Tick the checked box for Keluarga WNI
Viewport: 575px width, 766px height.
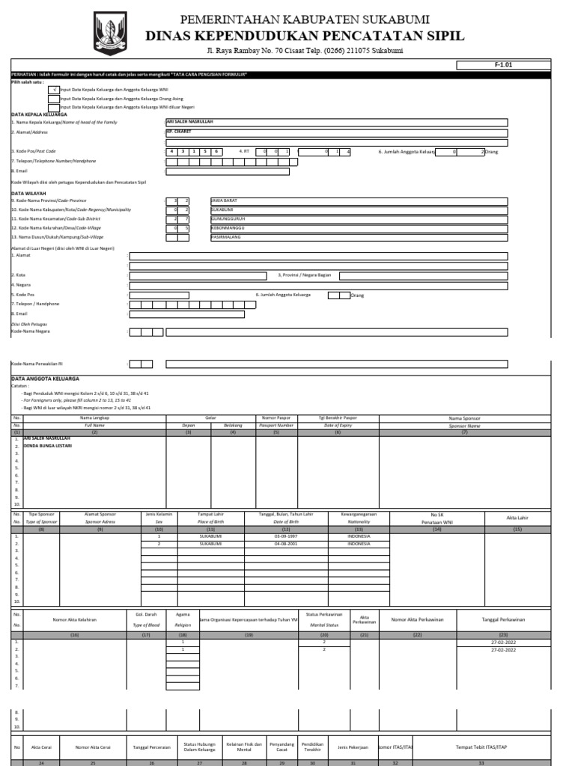[54, 89]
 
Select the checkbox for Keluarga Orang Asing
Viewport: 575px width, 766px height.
[54, 98]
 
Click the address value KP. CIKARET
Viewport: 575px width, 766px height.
[180, 131]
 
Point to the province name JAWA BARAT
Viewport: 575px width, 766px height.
[224, 200]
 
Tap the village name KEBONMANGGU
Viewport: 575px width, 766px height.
[228, 228]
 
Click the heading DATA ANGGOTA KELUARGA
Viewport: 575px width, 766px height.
[45, 379]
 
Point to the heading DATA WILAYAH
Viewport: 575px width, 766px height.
[28, 193]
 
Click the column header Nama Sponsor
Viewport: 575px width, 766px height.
[464, 418]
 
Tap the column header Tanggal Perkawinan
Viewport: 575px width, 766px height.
[503, 619]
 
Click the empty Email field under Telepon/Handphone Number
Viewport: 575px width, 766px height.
[228, 171]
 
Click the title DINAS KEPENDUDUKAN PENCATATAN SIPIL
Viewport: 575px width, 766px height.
[304, 36]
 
